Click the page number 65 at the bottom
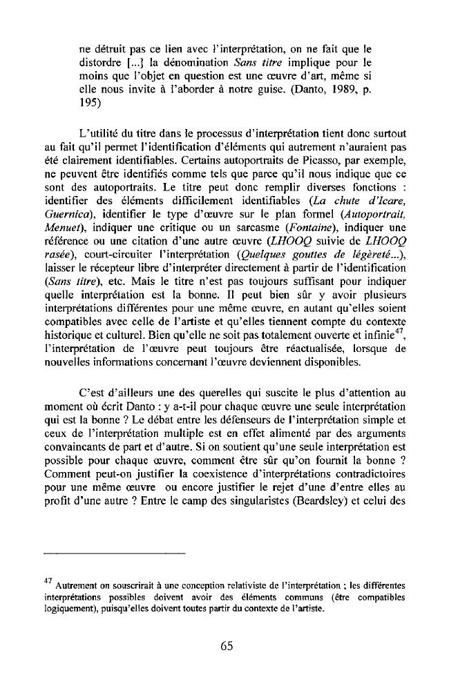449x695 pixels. [x=224, y=646]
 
